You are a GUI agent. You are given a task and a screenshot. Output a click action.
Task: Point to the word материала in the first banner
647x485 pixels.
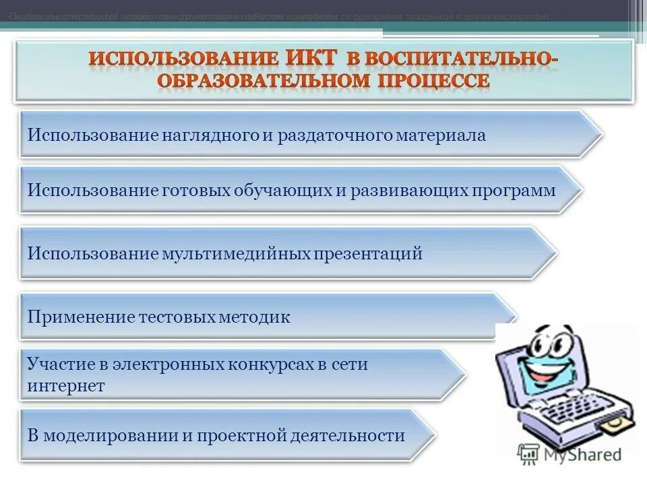click(441, 135)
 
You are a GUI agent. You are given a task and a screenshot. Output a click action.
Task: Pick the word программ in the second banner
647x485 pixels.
click(514, 191)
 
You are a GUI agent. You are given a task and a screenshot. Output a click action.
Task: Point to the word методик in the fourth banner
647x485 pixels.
click(255, 317)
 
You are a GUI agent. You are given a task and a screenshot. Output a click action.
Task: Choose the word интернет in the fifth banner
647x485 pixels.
click(66, 386)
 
